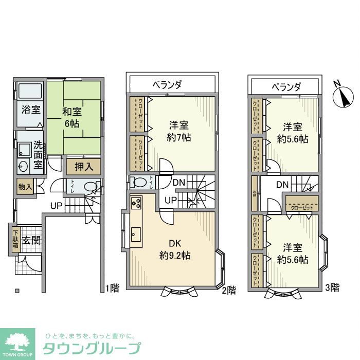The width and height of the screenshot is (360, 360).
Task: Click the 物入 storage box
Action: [24, 186]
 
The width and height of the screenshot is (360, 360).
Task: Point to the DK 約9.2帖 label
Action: [175, 248]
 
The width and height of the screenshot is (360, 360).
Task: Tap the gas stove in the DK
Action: [136, 203]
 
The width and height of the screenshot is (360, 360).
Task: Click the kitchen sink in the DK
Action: [136, 233]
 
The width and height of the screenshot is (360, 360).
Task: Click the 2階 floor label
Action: [229, 290]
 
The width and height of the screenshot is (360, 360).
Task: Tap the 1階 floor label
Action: [112, 288]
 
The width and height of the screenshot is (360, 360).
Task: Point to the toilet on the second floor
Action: [139, 182]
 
